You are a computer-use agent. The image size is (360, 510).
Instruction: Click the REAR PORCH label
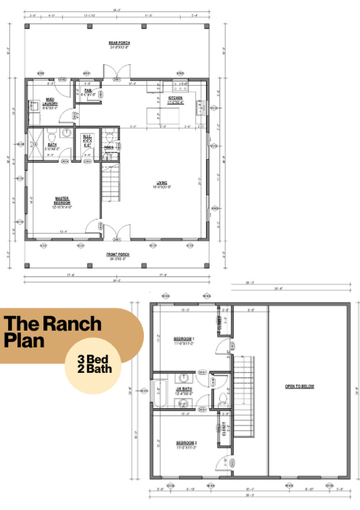coord(119,45)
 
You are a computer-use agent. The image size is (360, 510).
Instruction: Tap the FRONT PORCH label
coord(118,256)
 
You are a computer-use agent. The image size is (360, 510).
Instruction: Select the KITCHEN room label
coord(176,99)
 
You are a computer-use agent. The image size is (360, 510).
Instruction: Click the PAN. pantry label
coord(88,93)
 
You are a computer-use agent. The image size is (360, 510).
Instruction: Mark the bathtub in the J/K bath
coord(160,392)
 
